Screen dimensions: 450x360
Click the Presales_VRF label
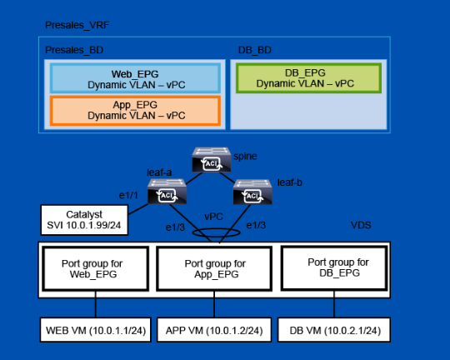pos(77,25)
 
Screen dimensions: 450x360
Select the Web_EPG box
pos(135,78)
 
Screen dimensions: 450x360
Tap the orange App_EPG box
pos(135,111)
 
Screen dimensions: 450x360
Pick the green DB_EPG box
pos(309,78)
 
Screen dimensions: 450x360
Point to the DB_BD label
pos(255,50)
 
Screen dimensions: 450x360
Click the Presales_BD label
pos(74,50)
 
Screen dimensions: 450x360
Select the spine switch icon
pos(212,160)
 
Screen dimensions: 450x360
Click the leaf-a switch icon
pos(167,192)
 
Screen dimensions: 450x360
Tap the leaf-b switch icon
pos(252,192)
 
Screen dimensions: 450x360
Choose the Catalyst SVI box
pos(84,220)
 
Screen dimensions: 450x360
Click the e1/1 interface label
pos(128,196)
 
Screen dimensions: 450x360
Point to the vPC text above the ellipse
pos(213,217)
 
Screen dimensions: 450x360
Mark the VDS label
pos(361,225)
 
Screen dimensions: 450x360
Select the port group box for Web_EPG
pos(96,268)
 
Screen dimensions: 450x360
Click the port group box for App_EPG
pos(214,268)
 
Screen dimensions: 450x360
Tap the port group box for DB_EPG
pos(334,268)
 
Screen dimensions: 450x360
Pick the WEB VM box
pos(96,330)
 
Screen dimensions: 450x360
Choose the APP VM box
pos(214,330)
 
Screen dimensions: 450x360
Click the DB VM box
pos(334,330)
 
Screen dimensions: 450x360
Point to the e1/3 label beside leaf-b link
pos(256,225)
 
